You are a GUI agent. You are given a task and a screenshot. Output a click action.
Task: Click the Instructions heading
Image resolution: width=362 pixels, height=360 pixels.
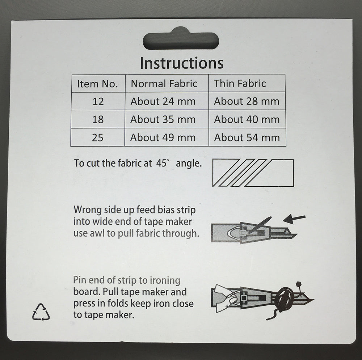(182, 63)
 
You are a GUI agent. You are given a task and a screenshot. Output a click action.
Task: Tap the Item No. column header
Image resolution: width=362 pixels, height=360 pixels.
(97, 84)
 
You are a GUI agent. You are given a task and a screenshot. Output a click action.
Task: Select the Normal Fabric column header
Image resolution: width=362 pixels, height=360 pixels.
(164, 84)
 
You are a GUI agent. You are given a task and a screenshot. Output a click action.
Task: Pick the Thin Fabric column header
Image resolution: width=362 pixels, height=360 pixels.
(240, 83)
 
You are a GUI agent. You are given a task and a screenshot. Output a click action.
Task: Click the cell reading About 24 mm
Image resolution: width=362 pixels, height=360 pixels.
(163, 101)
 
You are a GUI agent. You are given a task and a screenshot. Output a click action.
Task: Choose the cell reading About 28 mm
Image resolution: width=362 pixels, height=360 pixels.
(247, 101)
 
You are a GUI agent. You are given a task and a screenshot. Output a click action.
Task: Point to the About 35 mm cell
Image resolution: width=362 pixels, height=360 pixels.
(163, 119)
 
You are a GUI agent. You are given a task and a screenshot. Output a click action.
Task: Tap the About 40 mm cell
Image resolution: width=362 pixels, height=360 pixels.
(247, 119)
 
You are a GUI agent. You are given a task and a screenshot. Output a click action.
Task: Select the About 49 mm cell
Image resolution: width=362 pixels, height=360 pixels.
(163, 137)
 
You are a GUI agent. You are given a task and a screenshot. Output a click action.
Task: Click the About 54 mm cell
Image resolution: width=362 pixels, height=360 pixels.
(247, 137)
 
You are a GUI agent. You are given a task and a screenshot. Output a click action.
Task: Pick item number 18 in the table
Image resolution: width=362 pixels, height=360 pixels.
(98, 119)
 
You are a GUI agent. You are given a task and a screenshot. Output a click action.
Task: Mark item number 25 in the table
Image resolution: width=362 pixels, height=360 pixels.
(98, 138)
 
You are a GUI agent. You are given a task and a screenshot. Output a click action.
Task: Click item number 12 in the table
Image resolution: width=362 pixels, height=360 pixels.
(98, 102)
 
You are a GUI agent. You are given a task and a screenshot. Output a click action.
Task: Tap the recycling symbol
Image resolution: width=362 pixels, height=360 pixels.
(41, 312)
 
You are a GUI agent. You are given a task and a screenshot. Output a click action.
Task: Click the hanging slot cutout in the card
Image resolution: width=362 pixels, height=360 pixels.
(181, 39)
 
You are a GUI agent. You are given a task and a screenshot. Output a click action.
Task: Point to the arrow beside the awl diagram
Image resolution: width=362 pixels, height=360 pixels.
(294, 219)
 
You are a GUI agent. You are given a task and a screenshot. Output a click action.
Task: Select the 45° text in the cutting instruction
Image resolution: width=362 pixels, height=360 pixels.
(161, 163)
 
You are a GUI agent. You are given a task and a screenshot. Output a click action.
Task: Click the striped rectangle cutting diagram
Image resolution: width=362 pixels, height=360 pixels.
(253, 173)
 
